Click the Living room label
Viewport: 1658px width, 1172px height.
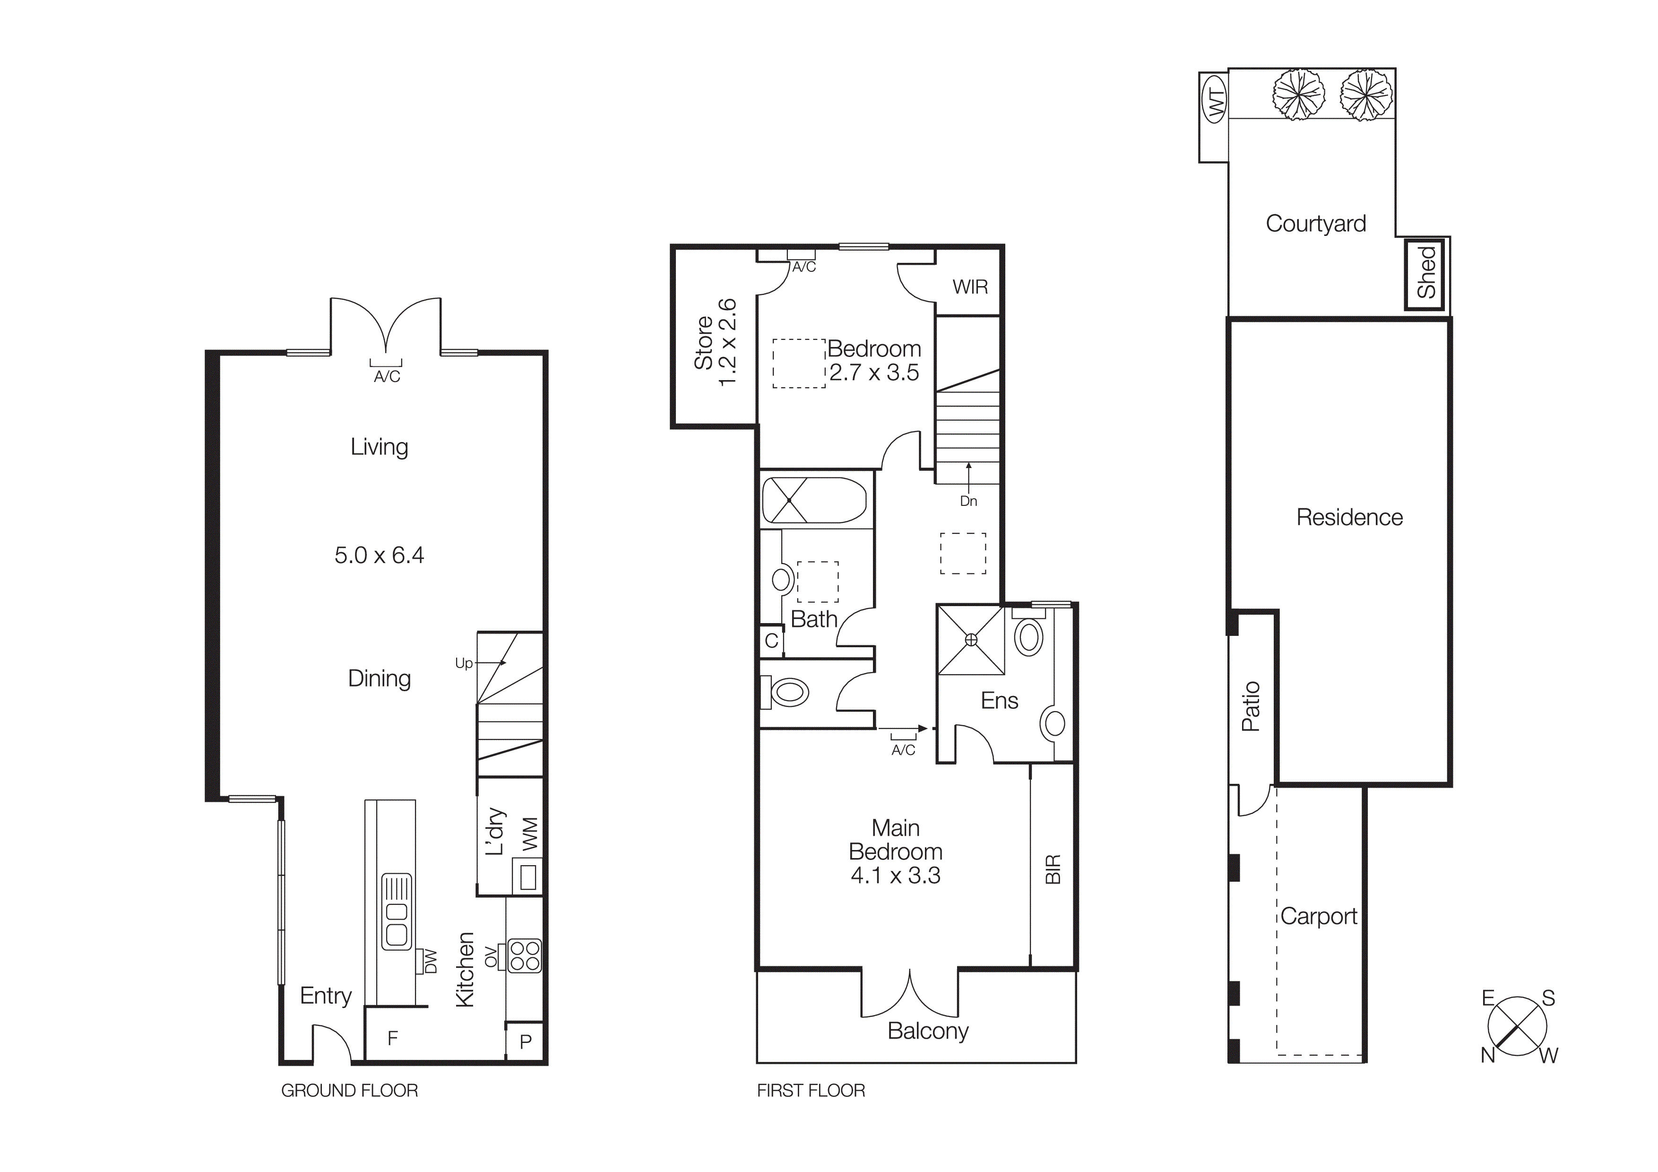click(379, 447)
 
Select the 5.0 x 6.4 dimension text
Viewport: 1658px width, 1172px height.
click(379, 556)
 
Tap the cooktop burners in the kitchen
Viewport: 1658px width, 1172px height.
click(524, 955)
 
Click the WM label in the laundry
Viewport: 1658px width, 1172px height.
click(530, 833)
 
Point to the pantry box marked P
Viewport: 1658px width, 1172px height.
click(525, 1042)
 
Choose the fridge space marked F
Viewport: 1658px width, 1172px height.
click(393, 1038)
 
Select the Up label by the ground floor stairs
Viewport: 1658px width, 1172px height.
click(464, 663)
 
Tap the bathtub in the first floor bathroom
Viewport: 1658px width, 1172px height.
click(814, 500)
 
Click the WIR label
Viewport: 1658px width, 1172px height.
click(970, 287)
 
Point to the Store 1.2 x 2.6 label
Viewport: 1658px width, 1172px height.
click(715, 342)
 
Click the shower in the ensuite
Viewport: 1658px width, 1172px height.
click(970, 640)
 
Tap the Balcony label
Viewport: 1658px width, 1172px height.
click(927, 1031)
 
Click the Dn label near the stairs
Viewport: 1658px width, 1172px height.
click(968, 501)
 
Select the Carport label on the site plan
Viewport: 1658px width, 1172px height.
click(1319, 916)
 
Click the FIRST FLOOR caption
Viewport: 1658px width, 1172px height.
click(810, 1090)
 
